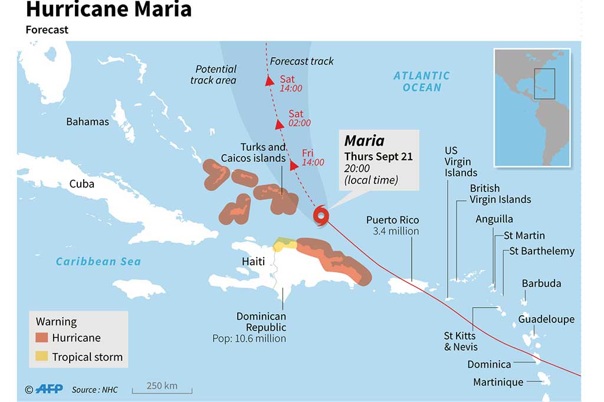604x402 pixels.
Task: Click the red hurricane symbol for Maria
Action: click(x=320, y=216)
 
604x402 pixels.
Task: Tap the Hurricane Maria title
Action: click(x=109, y=10)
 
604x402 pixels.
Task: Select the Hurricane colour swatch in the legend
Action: click(x=42, y=338)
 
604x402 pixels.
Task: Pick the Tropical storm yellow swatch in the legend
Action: click(x=42, y=357)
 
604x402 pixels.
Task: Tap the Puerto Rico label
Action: click(x=392, y=220)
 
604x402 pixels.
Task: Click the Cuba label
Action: click(x=82, y=183)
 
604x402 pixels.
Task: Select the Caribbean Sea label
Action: click(x=99, y=261)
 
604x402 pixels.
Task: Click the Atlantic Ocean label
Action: click(x=422, y=81)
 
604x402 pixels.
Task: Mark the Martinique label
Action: click(x=498, y=382)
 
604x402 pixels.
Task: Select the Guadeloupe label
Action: click(x=546, y=319)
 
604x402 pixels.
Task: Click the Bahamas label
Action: click(x=87, y=121)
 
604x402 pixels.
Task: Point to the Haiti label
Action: click(x=253, y=261)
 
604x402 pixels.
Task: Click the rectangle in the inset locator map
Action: click(x=544, y=83)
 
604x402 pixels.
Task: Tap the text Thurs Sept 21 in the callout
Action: click(x=378, y=156)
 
